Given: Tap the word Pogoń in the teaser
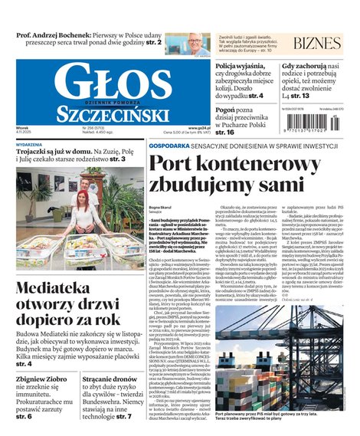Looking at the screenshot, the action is pyautogui.click(x=230, y=110).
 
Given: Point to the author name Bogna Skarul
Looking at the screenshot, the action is pyautogui.click(x=162, y=208).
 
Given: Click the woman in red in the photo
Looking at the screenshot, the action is pyautogui.click(x=80, y=205).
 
